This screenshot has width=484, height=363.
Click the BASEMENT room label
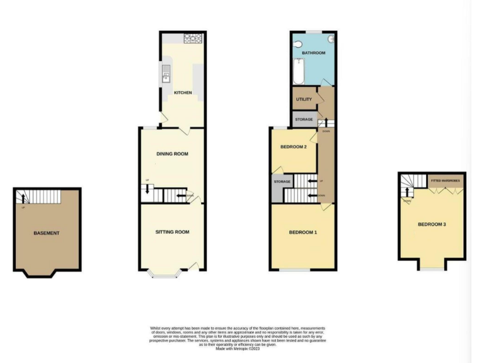47,233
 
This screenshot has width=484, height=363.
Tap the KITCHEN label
183,93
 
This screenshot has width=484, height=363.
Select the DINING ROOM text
172,154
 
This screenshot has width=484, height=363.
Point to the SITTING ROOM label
172,232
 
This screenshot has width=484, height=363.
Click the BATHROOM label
313,53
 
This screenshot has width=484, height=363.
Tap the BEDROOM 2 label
293,147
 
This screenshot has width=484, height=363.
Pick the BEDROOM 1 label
302,233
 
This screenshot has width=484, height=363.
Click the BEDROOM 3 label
432,224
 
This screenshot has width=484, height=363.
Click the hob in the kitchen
193,39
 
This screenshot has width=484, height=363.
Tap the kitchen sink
166,76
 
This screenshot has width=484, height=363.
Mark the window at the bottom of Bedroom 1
295,270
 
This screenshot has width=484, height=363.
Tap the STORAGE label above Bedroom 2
304,119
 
